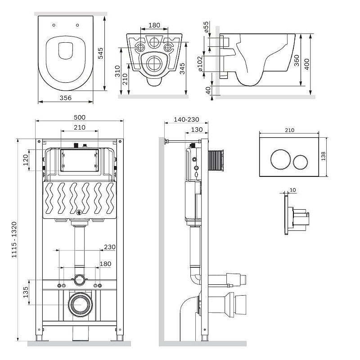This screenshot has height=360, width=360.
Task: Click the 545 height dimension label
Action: pos(100,53)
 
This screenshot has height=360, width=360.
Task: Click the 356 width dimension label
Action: pos(66,98)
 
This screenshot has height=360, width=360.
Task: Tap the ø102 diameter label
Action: pos(200,63)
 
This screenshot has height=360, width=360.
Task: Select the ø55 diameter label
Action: pos(206,27)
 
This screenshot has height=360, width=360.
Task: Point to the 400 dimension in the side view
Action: pos(307,64)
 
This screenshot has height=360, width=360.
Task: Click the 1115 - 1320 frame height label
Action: pos(14,239)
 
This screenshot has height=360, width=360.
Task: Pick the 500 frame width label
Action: pos(80,117)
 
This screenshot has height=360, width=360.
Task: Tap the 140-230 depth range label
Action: pos(186,120)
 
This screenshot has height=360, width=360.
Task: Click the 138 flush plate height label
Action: pos(323,156)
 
